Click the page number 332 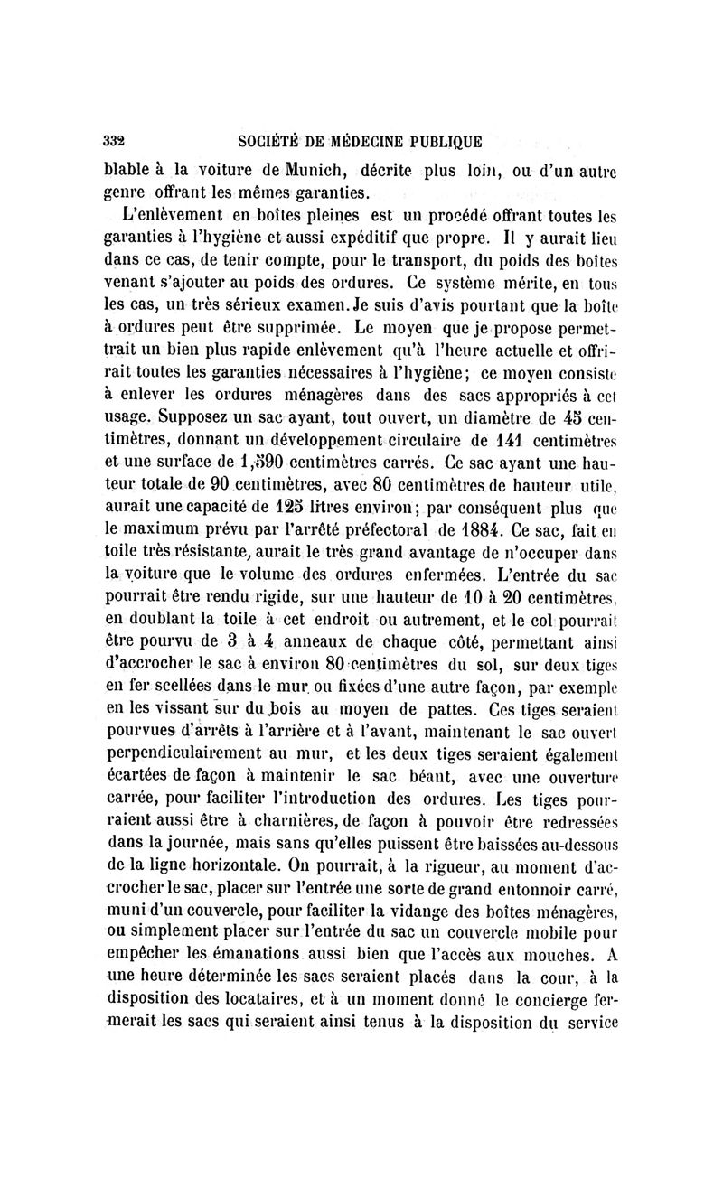(114, 141)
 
